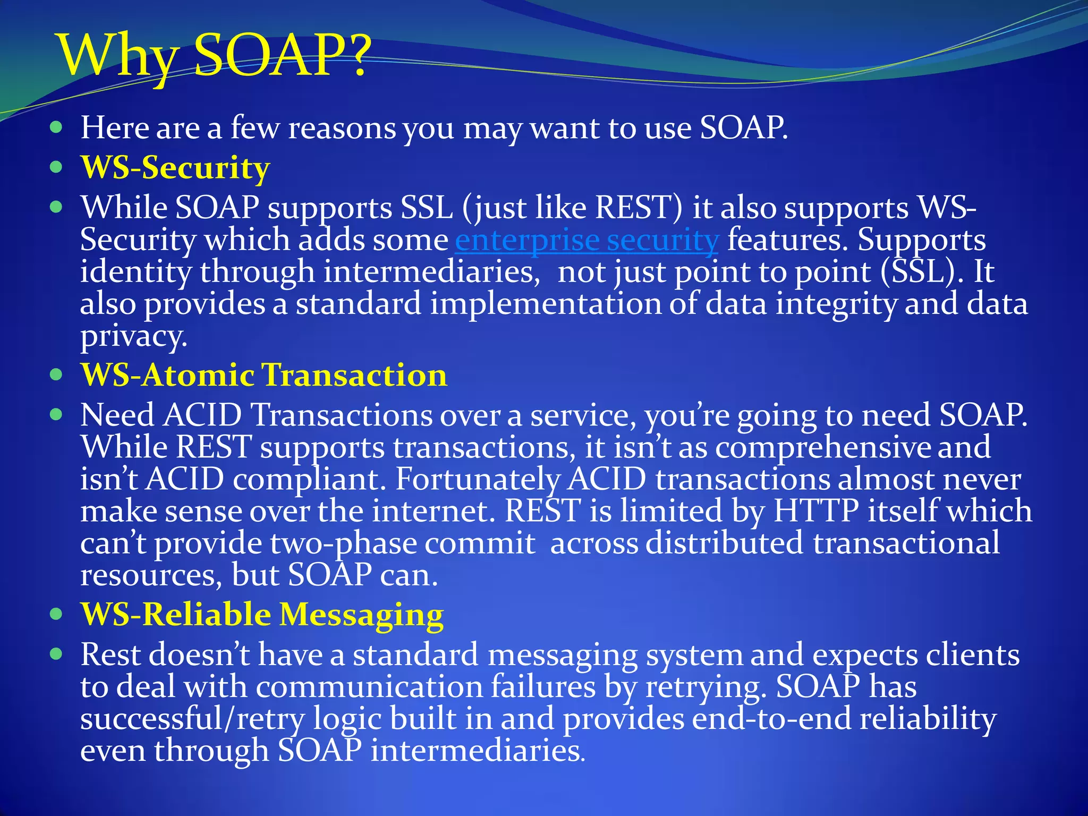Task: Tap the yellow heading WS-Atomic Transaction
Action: tap(264, 375)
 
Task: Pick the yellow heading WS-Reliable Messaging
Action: tap(262, 615)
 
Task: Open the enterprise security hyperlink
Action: tap(586, 240)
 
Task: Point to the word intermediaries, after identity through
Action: tap(431, 272)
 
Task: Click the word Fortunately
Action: tap(477, 479)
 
